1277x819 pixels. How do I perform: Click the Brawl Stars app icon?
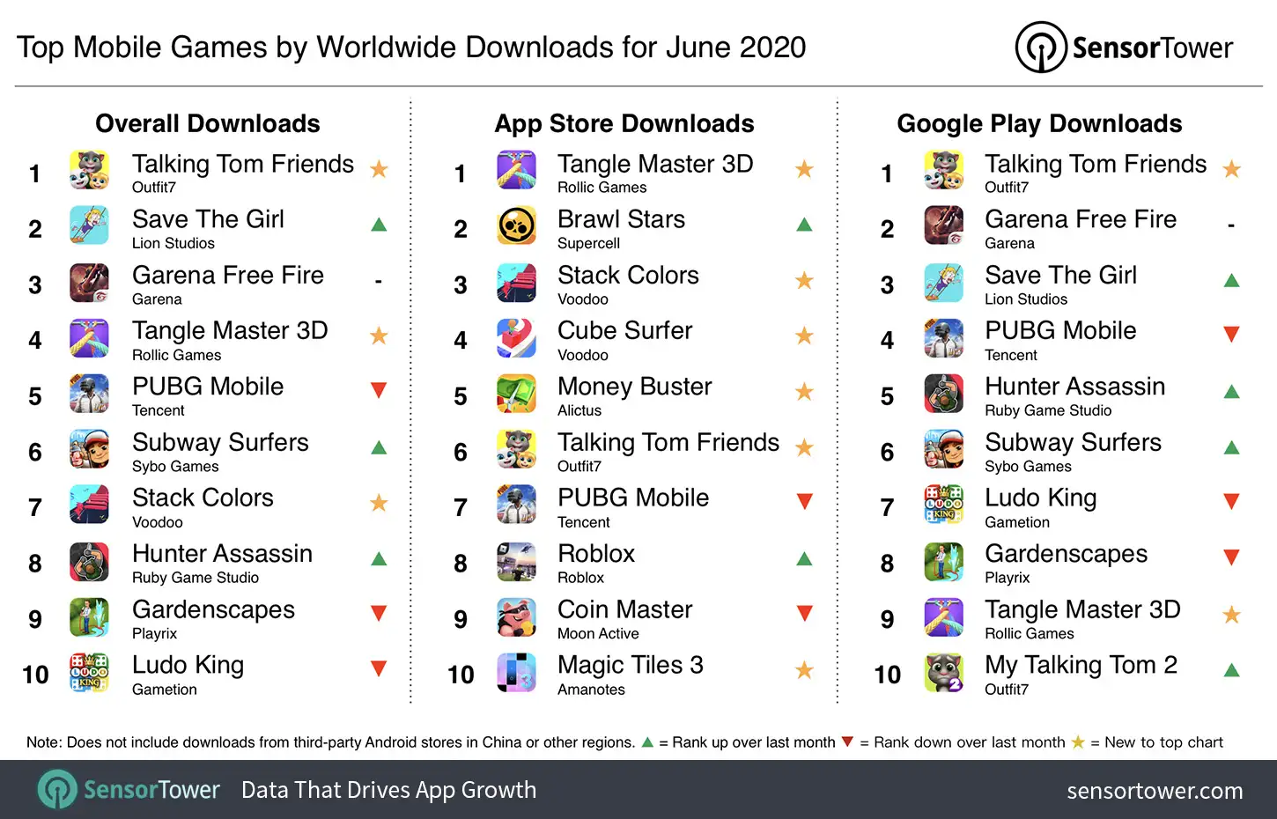pos(516,227)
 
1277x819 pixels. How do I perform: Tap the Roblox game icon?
pos(516,562)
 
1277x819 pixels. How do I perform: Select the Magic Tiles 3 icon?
pos(516,674)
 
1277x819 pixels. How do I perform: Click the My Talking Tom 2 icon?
pos(943,674)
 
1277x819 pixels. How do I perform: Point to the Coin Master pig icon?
pos(516,618)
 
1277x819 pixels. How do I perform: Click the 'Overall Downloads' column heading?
pos(208,123)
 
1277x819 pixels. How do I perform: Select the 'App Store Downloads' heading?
pos(624,123)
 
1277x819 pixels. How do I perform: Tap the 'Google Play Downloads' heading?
pos(1039,123)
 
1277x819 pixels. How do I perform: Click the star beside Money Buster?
pos(804,392)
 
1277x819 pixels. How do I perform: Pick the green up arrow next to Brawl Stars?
pos(804,225)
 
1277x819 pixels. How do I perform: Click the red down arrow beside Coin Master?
pos(804,613)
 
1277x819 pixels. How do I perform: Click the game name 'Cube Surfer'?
pos(624,331)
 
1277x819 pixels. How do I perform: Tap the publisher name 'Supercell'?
pos(588,244)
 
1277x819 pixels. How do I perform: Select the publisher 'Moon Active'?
pos(598,634)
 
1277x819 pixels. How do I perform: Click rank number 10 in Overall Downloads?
pos(35,675)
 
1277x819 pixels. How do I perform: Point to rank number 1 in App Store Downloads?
pos(460,174)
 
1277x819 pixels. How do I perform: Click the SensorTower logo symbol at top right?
pos(1041,47)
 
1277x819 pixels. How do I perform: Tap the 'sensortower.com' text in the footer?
pos(1155,791)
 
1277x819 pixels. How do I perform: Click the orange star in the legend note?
pos(1078,742)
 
